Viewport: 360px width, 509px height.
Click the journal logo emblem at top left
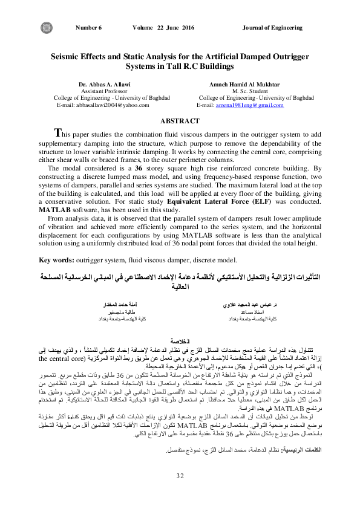(x=46, y=28)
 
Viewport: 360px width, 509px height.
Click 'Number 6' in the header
(x=89, y=28)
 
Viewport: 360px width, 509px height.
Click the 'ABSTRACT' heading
(x=179, y=122)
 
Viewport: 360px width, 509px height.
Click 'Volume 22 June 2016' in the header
(x=163, y=28)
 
